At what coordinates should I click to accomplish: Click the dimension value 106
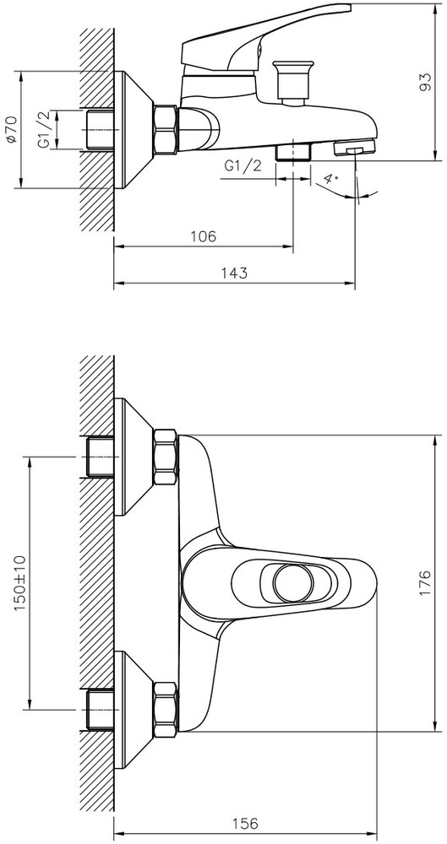pos(204,236)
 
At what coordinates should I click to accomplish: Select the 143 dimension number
pos(234,273)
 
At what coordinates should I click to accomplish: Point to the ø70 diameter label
pos(11,130)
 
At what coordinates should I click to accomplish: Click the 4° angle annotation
pos(331,179)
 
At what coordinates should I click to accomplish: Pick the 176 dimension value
pos(425,582)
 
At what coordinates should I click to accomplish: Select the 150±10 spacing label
pos(19,582)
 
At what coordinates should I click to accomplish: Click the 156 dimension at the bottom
pos(245,823)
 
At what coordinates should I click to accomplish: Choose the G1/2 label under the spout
pos(243,165)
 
